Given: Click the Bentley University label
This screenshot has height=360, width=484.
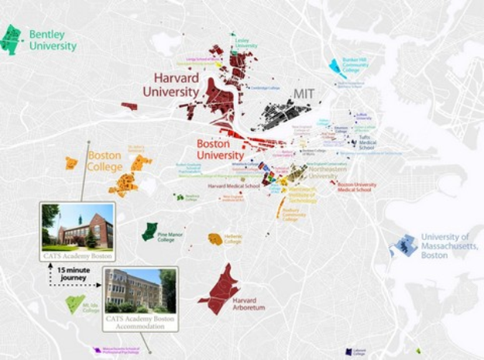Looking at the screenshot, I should [53, 40].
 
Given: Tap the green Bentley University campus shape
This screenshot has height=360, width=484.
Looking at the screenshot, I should [11, 39].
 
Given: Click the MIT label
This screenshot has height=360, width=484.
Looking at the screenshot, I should [302, 94].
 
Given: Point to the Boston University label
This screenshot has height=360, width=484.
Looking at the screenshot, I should [220, 149].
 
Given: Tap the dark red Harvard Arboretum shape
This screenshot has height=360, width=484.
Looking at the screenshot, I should [221, 290].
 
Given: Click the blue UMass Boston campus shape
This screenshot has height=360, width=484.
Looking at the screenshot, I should [404, 246].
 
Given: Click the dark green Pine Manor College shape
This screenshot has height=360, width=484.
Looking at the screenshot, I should [150, 231].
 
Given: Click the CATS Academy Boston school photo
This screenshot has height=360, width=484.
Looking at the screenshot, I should [77, 225].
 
